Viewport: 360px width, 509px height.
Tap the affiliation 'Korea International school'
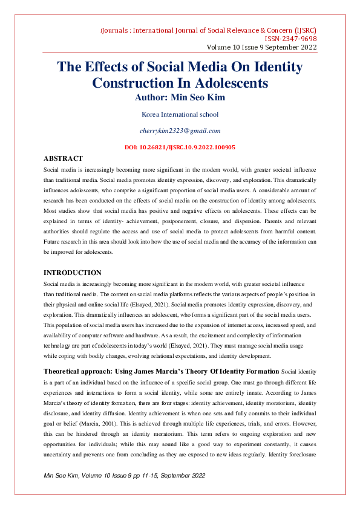(x=180, y=114)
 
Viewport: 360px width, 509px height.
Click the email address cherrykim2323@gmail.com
(x=180, y=131)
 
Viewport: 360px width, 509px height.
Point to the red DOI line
(x=180, y=147)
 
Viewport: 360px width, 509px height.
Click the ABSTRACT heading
(x=63, y=158)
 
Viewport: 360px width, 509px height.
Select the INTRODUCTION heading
(x=73, y=273)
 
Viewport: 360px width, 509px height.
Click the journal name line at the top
(x=208, y=30)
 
